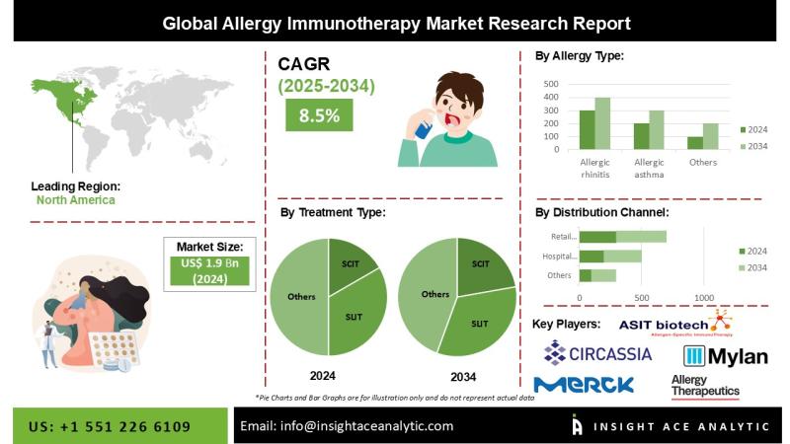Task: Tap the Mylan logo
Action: (726, 356)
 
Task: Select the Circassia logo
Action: (597, 352)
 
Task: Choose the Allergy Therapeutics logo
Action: (705, 386)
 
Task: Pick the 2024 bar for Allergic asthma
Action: (641, 136)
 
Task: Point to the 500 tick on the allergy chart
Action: (550, 83)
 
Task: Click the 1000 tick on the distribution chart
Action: (704, 297)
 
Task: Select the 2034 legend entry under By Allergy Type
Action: (754, 146)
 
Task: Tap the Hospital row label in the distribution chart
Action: (558, 256)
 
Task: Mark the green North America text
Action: (75, 200)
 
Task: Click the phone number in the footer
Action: (110, 426)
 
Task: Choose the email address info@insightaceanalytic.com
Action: (347, 426)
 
